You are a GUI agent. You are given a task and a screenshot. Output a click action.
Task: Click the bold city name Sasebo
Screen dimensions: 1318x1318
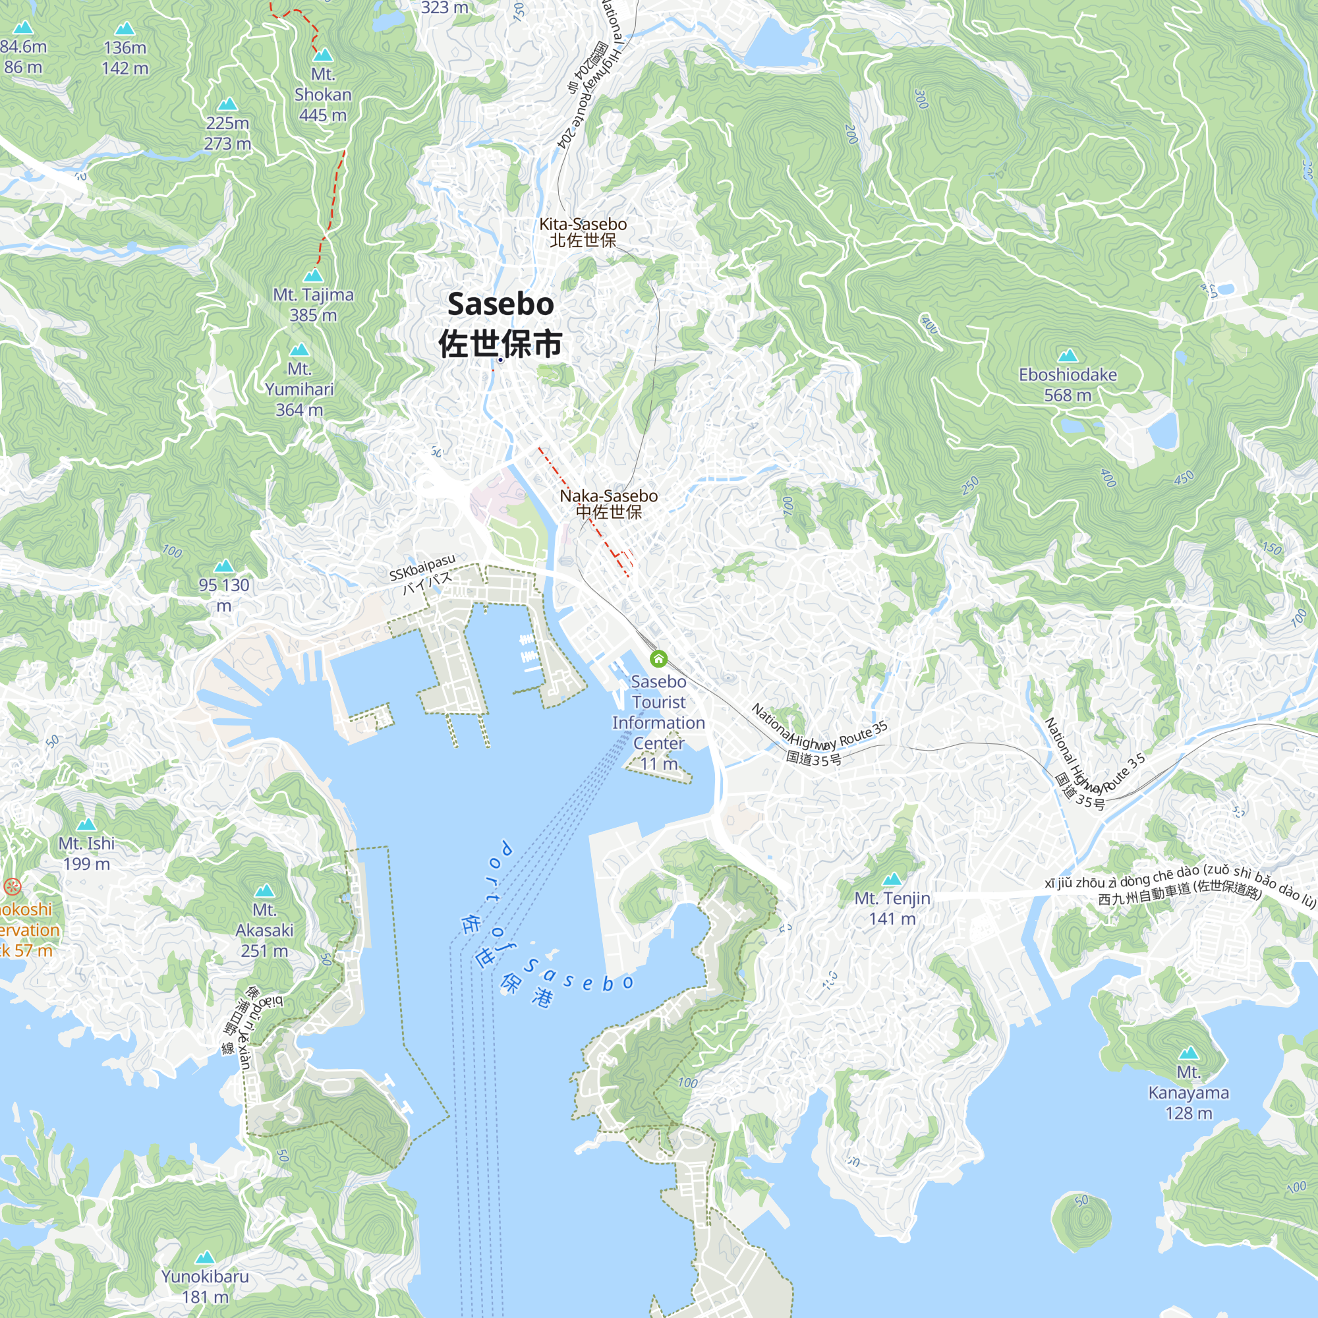[500, 304]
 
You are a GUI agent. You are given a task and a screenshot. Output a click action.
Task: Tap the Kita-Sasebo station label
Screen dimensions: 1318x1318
[583, 225]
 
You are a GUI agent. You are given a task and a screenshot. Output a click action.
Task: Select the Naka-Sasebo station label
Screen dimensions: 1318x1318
[608, 496]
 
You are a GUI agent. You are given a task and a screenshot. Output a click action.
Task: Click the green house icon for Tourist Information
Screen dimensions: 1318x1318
[658, 658]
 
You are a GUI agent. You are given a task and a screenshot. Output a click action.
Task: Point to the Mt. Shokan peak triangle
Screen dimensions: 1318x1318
[323, 55]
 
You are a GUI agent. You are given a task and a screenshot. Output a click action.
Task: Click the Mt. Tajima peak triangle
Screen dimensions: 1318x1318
[313, 275]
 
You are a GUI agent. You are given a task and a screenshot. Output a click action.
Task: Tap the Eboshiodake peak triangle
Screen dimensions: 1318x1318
[1068, 355]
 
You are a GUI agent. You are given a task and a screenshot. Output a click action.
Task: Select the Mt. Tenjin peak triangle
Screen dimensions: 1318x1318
[892, 879]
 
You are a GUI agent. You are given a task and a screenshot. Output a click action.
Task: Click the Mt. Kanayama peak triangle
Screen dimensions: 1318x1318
[1188, 1052]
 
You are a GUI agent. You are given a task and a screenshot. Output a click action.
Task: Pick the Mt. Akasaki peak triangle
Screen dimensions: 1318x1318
[264, 891]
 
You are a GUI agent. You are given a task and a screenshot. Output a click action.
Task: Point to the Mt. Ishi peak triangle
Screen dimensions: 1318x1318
[86, 825]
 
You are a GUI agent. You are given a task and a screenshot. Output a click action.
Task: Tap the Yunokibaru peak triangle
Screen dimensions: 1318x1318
[205, 1257]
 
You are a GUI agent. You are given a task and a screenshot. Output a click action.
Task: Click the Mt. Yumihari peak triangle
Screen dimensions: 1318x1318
[299, 350]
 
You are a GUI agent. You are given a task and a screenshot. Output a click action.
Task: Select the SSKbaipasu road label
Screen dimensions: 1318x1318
[422, 567]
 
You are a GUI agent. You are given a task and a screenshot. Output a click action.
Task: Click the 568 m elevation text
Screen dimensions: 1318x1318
[1068, 395]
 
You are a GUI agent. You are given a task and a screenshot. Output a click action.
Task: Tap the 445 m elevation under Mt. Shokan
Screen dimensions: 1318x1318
[323, 115]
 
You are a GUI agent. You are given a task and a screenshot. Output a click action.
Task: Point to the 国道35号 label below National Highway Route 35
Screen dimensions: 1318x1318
[813, 758]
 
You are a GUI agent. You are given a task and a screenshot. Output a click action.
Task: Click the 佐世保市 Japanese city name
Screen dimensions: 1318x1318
[500, 343]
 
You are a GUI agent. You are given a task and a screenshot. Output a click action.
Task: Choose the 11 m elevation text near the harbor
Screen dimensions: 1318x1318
[658, 764]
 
